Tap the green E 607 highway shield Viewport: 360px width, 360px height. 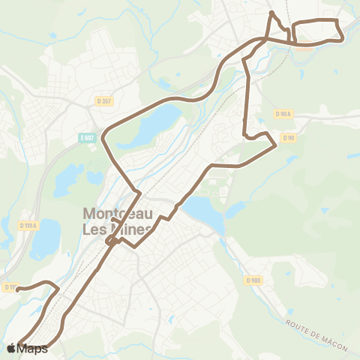coord(88,137)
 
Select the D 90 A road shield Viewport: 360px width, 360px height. coord(283,113)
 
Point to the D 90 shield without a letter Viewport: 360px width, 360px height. coord(289,137)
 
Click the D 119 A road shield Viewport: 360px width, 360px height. coord(29,223)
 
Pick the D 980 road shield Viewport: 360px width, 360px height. coord(253,280)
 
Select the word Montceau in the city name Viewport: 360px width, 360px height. coord(119,213)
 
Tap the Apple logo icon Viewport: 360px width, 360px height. coord(11,348)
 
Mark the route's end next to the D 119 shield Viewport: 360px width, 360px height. coord(19,288)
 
